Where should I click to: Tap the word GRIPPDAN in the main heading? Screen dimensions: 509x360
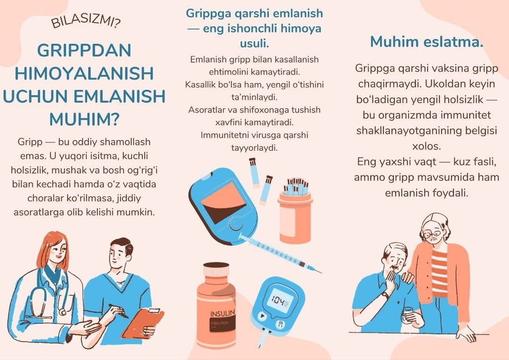(x=84, y=50)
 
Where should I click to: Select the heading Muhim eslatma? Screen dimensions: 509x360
(x=427, y=41)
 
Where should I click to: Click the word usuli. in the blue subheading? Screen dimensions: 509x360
(x=254, y=43)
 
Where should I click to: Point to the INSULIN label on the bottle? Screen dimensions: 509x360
(x=222, y=313)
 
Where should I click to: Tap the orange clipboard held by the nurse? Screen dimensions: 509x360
(x=143, y=323)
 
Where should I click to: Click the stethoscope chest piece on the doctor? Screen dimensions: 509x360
(x=62, y=312)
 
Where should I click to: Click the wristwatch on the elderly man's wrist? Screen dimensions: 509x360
(x=385, y=295)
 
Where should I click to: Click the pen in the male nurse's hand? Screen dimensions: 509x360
(x=118, y=311)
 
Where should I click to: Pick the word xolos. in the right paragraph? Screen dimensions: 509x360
(x=427, y=146)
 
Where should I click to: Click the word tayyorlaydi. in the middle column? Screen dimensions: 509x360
(x=254, y=148)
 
